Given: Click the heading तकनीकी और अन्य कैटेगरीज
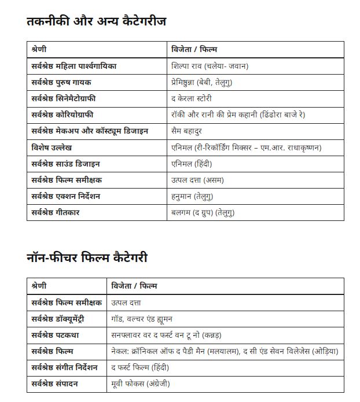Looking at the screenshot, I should pos(96,21).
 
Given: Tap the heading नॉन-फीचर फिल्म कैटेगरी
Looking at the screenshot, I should pos(90,257).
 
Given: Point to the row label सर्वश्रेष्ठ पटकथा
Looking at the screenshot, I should pos(56,335).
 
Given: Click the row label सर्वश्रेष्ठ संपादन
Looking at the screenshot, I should pos(57,383).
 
